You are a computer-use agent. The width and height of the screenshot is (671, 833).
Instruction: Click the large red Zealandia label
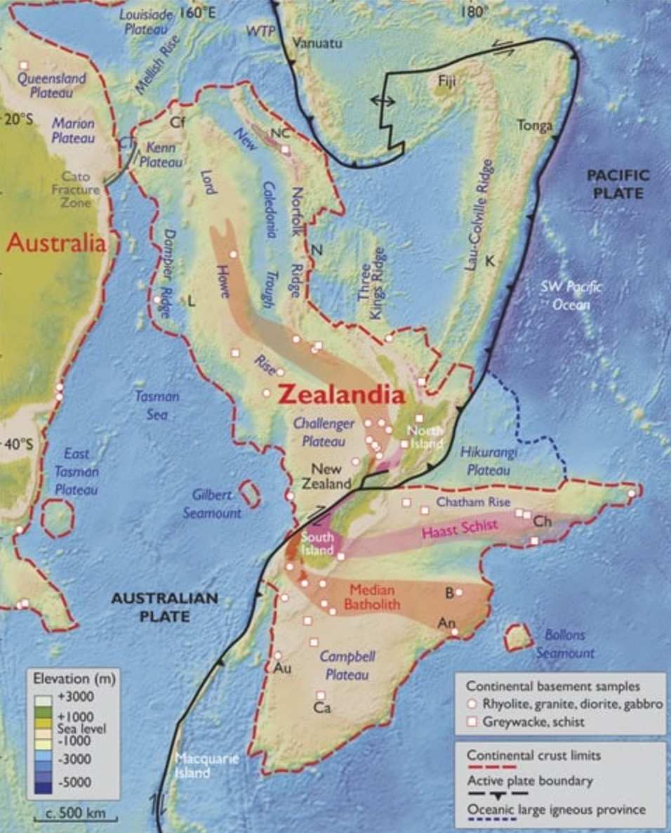[x=341, y=395]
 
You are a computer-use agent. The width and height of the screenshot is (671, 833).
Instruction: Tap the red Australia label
[x=56, y=244]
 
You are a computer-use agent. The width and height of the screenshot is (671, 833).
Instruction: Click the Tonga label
[x=535, y=126]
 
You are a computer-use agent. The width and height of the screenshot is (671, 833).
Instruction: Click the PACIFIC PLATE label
[x=618, y=183]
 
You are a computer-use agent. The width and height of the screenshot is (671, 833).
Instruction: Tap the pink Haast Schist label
[x=460, y=527]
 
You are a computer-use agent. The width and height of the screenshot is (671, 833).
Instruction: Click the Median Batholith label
[x=375, y=597]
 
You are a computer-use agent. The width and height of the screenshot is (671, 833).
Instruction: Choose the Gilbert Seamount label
[x=212, y=504]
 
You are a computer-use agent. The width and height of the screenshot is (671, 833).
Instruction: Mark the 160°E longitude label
[x=197, y=13]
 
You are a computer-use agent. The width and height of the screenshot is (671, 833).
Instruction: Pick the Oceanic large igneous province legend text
[x=556, y=809]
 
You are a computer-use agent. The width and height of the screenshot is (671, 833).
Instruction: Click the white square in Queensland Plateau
[x=23, y=65]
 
